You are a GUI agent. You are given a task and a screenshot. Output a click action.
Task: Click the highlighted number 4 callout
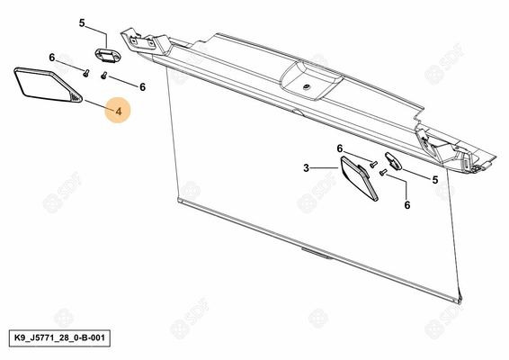[x=119, y=112]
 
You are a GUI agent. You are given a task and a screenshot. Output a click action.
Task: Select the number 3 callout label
[x=306, y=168]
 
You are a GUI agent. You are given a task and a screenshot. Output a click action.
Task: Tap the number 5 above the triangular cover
[x=82, y=23]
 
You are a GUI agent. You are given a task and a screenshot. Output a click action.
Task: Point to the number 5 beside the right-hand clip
[x=435, y=180]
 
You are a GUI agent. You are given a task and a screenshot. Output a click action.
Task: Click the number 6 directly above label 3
[x=340, y=148]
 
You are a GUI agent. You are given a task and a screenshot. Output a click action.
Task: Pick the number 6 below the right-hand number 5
[x=407, y=205]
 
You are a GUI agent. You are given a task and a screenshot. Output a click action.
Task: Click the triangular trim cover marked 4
[x=48, y=85]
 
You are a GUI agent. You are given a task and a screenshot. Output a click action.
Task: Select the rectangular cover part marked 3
[x=359, y=178]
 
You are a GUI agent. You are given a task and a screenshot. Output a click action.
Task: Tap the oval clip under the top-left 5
[x=107, y=55]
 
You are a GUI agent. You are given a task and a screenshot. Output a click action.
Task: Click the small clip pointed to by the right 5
[x=393, y=160]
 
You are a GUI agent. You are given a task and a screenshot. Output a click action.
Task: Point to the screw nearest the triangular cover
[x=86, y=73]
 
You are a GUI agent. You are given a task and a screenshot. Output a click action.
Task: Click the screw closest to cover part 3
[x=373, y=164]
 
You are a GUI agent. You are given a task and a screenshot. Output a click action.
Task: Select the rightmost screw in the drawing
[x=383, y=172]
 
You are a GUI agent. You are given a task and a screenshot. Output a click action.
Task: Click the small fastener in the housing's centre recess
[x=306, y=86]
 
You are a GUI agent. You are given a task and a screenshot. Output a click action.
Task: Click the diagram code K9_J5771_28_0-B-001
[x=59, y=337]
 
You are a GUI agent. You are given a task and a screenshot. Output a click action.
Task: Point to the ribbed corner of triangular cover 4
[x=76, y=97]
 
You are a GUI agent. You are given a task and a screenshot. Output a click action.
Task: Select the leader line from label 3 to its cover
[x=325, y=168]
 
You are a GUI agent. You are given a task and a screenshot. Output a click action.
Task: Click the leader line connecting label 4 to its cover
[x=99, y=105]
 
